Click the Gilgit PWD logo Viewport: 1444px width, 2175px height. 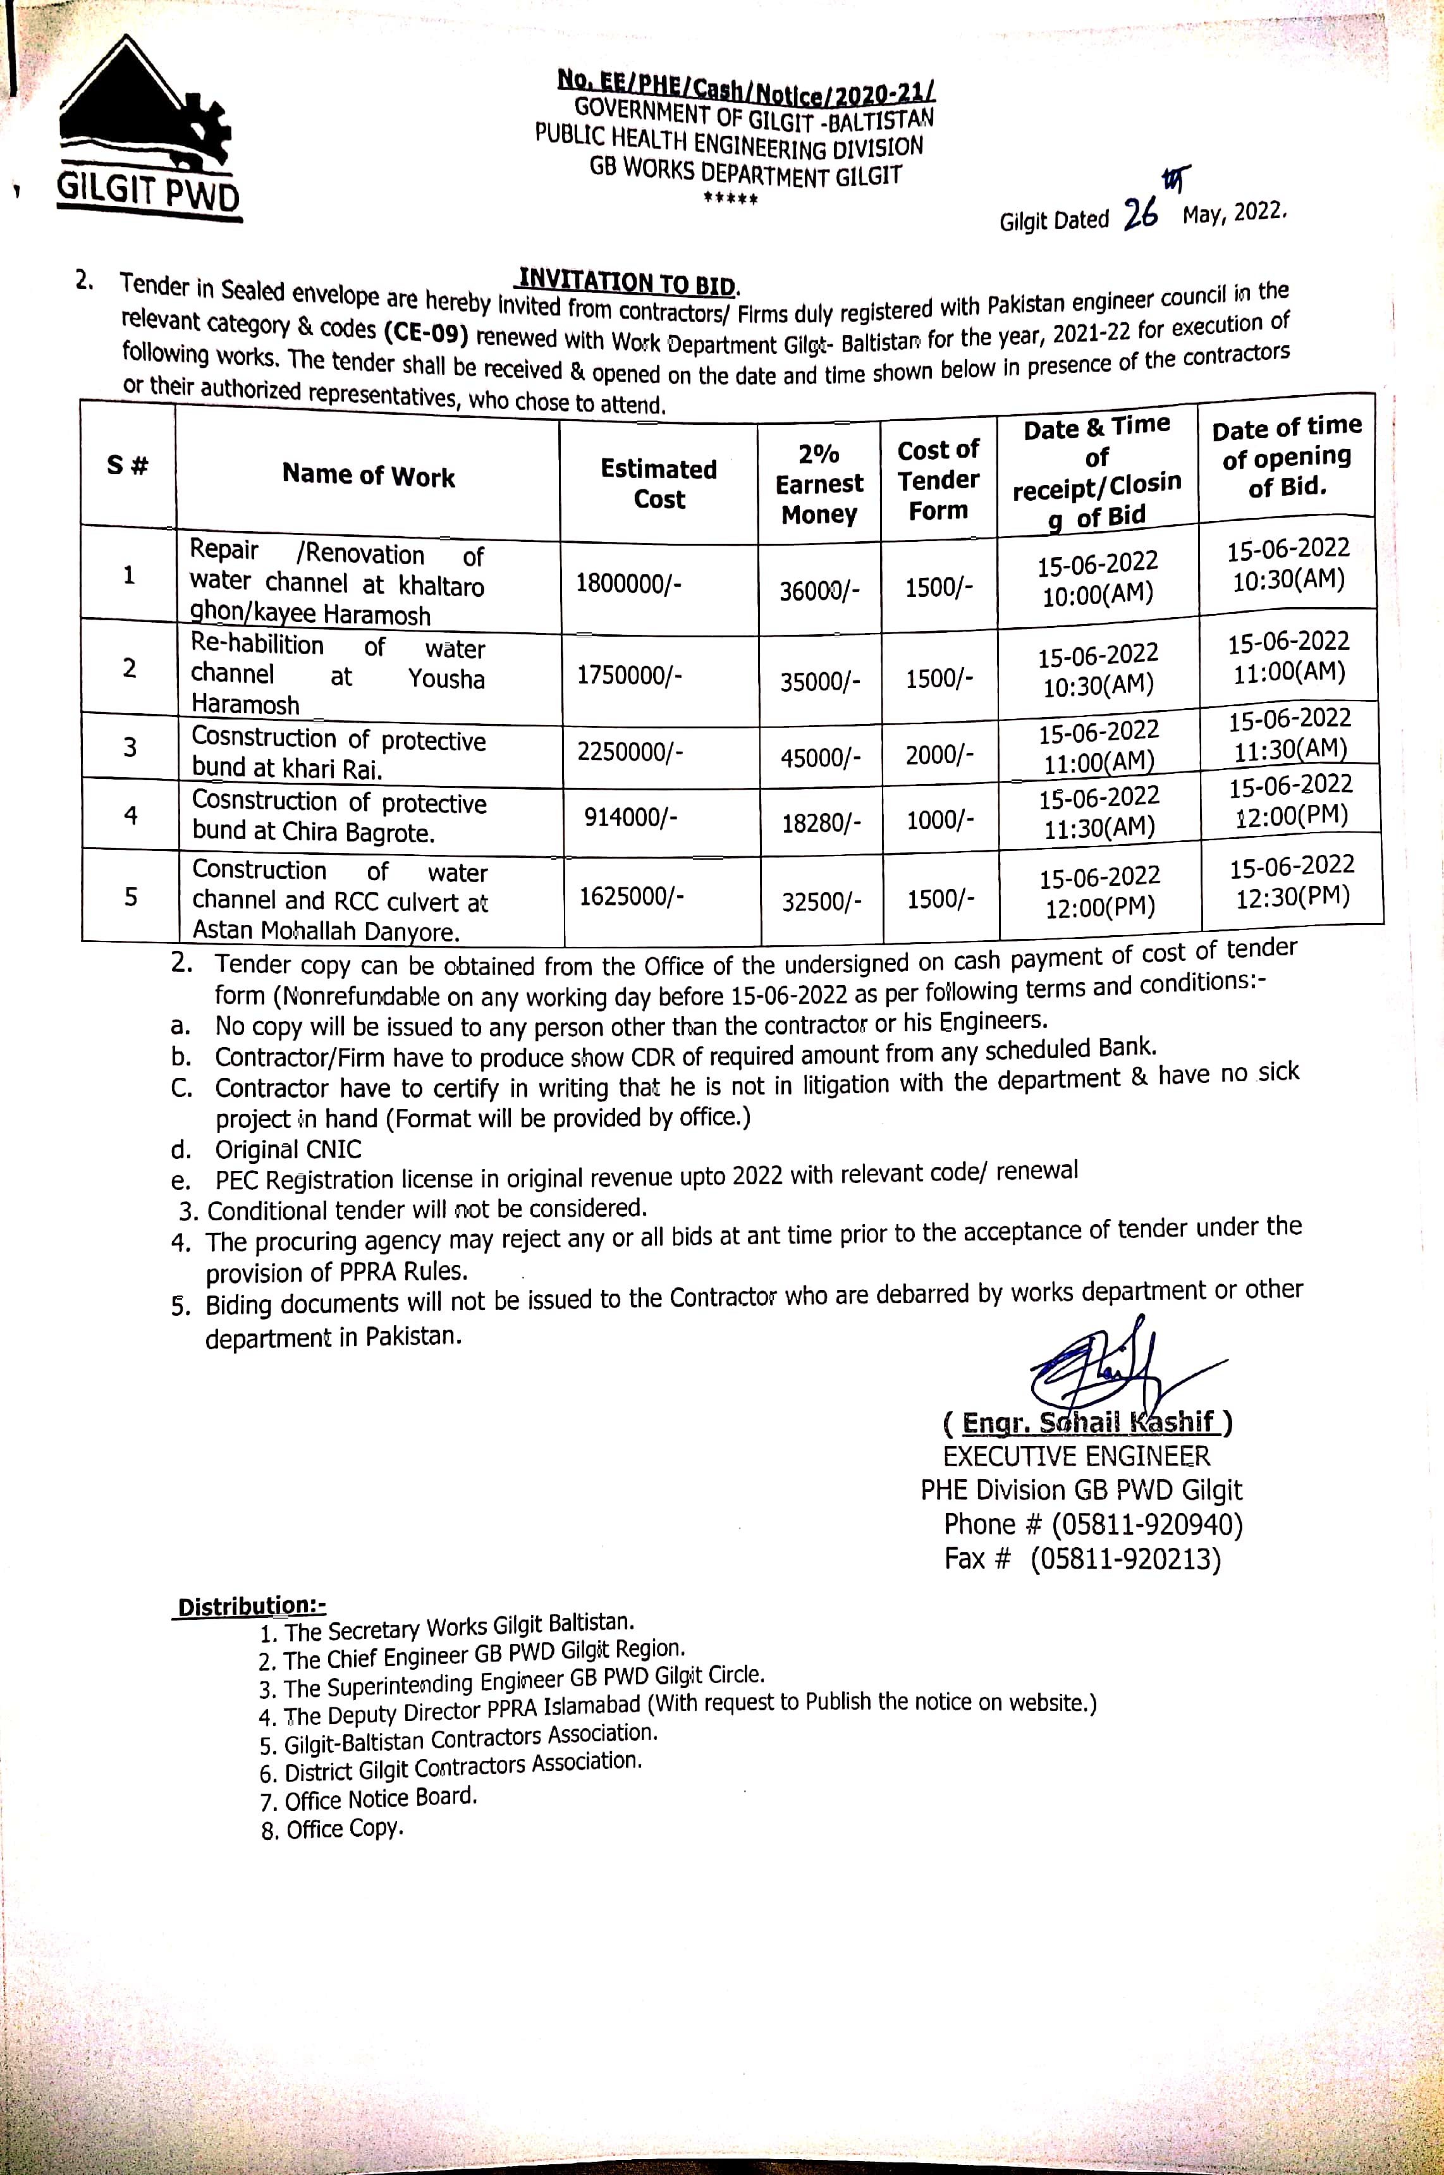[x=147, y=129]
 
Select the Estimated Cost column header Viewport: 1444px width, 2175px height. [x=658, y=484]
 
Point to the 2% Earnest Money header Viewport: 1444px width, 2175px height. [x=819, y=484]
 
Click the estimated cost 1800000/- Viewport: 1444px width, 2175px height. [x=628, y=584]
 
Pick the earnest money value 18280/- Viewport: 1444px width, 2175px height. [x=821, y=823]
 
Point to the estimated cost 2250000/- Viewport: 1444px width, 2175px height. [x=630, y=752]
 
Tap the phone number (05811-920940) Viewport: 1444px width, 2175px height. [x=1147, y=1525]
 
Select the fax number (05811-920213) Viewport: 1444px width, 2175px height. [x=1125, y=1559]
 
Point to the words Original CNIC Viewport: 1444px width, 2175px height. [x=288, y=1149]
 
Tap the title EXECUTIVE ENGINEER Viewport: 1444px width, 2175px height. [x=1075, y=1456]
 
